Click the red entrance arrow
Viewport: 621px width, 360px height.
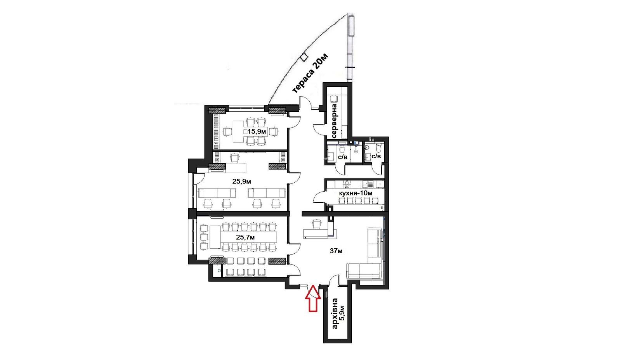[x=313, y=298]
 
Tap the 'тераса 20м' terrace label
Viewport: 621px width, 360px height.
[x=310, y=73]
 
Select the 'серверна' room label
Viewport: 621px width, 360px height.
[x=334, y=121]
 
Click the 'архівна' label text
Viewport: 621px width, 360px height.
[x=335, y=313]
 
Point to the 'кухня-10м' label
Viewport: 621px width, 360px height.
[x=356, y=193]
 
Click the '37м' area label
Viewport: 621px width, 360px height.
[x=336, y=251]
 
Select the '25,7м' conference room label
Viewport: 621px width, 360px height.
[x=245, y=237]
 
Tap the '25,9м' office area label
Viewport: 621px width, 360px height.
[x=242, y=182]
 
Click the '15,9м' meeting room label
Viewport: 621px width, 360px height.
[x=257, y=132]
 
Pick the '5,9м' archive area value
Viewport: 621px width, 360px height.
[x=342, y=313]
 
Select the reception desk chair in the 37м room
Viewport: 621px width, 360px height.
[x=317, y=223]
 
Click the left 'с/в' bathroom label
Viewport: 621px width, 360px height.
[x=343, y=157]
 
